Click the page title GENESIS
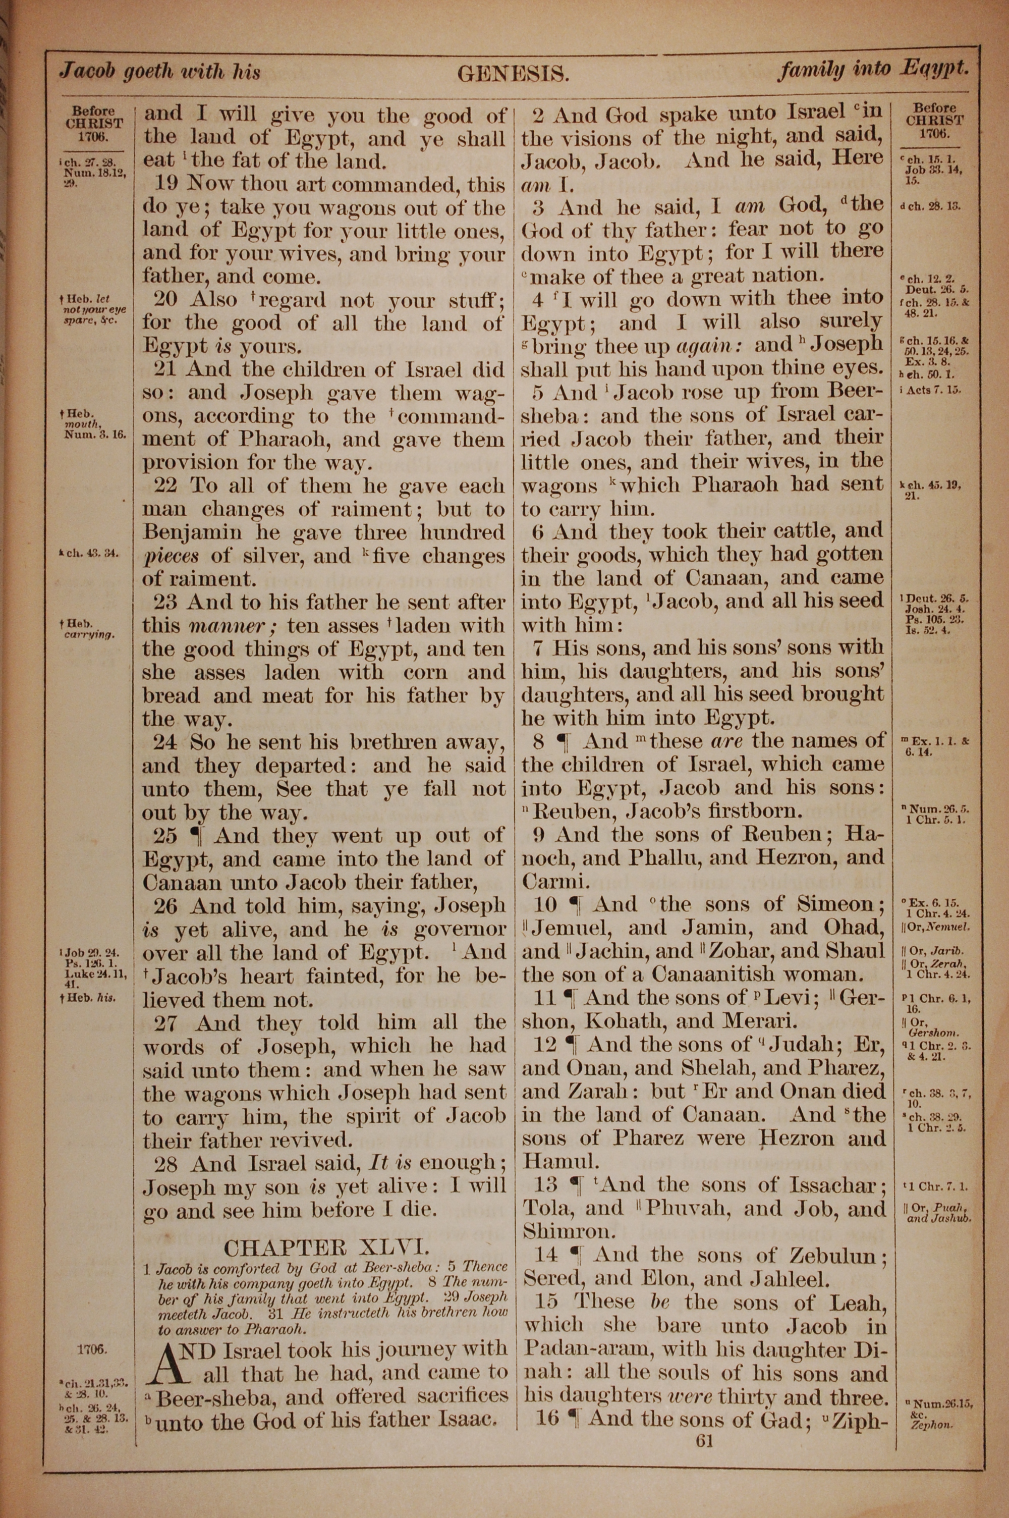point(513,75)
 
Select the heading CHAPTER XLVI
point(325,1248)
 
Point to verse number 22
point(166,486)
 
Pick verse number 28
point(167,1163)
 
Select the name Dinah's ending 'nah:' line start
point(544,1373)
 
